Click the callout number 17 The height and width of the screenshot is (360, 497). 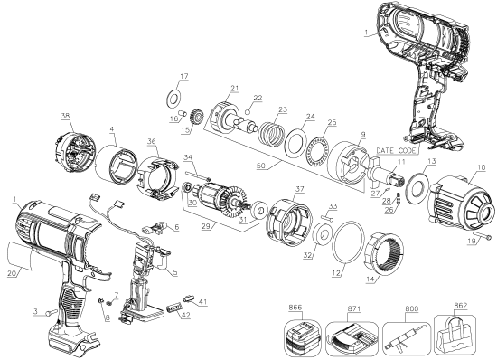[x=183, y=76]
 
